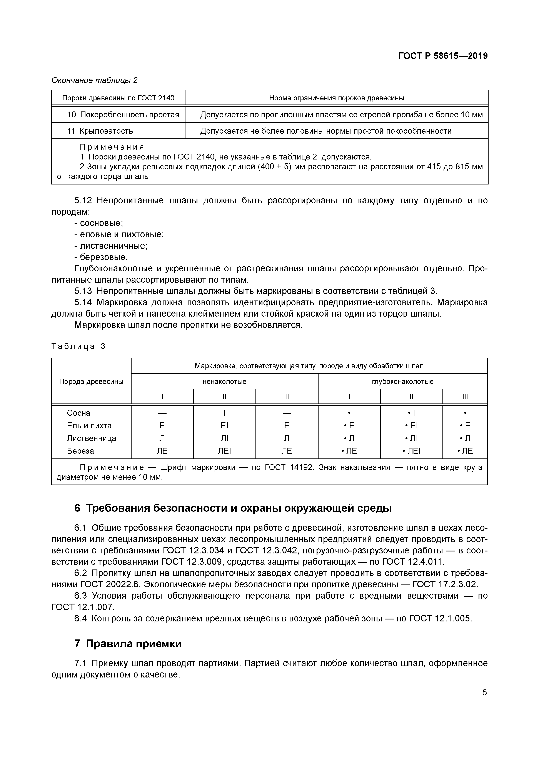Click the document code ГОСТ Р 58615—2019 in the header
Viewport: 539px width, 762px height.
[443, 56]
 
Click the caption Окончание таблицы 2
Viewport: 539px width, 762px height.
[94, 80]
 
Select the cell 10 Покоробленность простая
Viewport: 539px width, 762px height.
[123, 115]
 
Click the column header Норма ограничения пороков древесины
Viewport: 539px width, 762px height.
[336, 98]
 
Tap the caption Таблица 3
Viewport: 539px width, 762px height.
[78, 346]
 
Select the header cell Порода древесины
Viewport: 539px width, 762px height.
[91, 381]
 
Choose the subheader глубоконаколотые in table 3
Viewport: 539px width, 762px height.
[402, 381]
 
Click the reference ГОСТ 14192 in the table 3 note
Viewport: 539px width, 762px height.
[289, 467]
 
